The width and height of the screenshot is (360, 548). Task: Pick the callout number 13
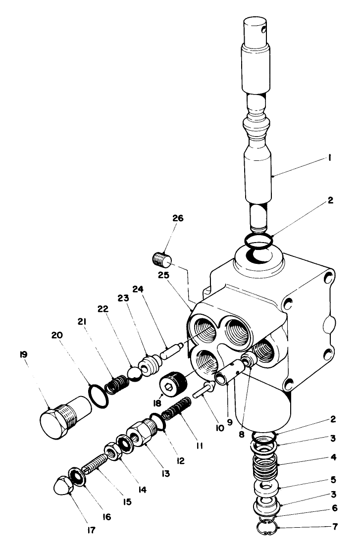coord(164,473)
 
